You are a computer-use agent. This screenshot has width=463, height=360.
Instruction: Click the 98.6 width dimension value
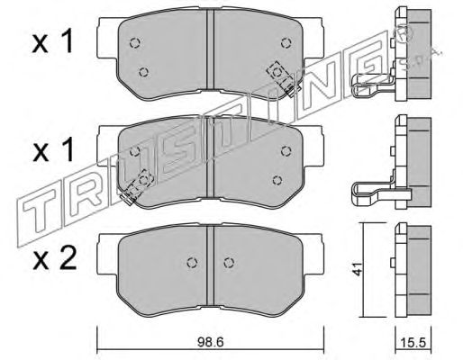(211, 342)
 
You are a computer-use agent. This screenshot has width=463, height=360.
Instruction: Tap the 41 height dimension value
(357, 269)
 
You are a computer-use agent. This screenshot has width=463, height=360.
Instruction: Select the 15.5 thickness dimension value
(413, 342)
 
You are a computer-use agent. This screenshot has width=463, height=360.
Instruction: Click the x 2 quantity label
(54, 259)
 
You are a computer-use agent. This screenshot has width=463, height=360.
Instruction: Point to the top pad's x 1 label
(52, 42)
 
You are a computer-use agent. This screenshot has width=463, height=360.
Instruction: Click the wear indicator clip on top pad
(283, 77)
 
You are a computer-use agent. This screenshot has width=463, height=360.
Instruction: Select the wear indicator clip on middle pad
(137, 186)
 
